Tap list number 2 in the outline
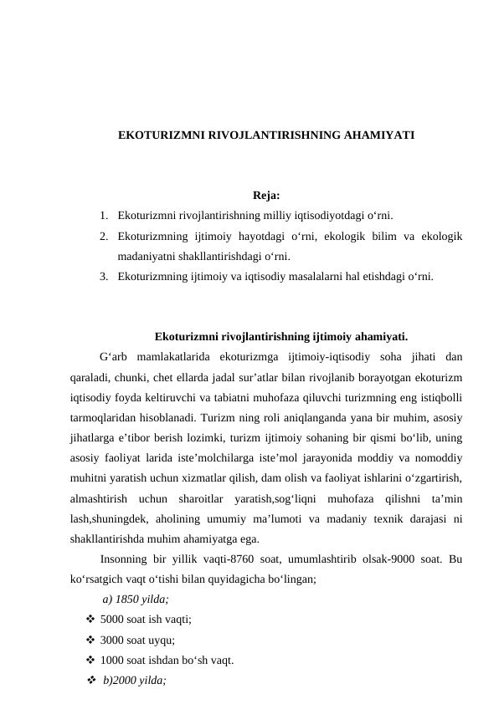pyautogui.click(x=101, y=237)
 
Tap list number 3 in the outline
pyautogui.click(x=101, y=274)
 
